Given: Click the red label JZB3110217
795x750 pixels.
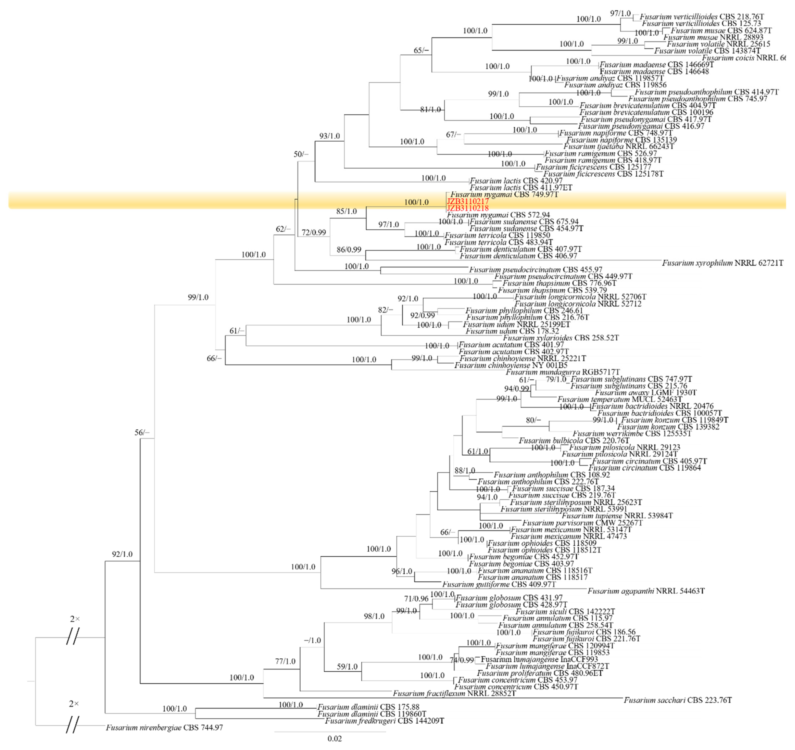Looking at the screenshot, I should pyautogui.click(x=467, y=201).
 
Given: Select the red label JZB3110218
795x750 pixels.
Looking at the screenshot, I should pyautogui.click(x=467, y=208).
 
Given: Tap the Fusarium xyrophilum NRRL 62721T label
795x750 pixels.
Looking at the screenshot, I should pyautogui.click(x=722, y=263).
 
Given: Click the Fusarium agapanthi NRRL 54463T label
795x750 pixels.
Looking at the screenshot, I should pyautogui.click(x=646, y=591).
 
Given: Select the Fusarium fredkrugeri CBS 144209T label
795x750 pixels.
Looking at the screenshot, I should pyautogui.click(x=384, y=721).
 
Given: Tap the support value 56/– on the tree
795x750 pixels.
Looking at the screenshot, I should pyautogui.click(x=142, y=433).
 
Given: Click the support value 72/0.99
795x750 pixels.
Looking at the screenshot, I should pyautogui.click(x=314, y=232).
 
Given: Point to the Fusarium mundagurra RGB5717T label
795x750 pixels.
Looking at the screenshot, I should pyautogui.click(x=562, y=372).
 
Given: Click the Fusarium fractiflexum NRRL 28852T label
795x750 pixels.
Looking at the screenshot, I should pyautogui.click(x=454, y=693).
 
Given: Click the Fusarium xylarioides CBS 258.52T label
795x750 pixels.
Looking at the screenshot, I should pyautogui.click(x=561, y=338).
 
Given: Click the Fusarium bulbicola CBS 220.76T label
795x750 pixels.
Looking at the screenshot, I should pyautogui.click(x=574, y=441).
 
